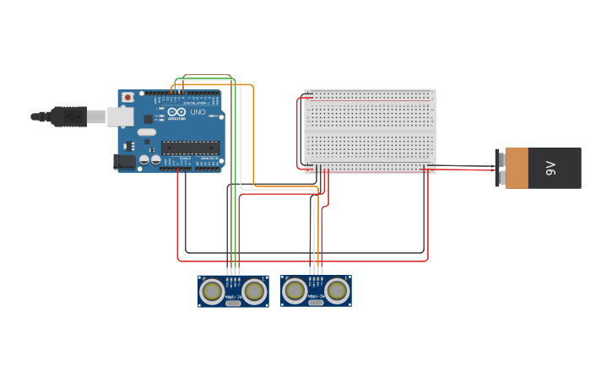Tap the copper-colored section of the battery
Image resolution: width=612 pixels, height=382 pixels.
[517, 168]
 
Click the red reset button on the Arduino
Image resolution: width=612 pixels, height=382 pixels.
[127, 98]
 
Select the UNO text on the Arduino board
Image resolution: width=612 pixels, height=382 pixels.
[198, 112]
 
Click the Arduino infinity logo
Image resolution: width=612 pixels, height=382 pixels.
[176, 111]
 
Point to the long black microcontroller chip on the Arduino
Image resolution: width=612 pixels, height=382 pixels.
[190, 148]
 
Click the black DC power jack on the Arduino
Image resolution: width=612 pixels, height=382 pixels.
[124, 161]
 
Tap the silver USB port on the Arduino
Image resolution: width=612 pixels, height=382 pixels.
[120, 116]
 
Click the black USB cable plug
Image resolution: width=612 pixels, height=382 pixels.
[68, 116]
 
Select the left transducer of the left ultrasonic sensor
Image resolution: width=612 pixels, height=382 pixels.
[212, 292]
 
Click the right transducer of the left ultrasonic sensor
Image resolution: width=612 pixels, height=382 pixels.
[254, 292]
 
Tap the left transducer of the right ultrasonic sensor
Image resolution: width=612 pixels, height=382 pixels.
[295, 291]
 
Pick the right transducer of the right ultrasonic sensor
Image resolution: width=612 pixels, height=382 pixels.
[337, 291]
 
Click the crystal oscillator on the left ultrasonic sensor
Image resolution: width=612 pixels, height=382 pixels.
[233, 302]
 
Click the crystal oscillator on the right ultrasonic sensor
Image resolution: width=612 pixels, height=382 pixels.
[316, 302]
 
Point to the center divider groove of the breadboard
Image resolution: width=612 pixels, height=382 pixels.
[370, 131]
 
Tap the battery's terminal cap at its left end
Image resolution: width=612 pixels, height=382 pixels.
[501, 168]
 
